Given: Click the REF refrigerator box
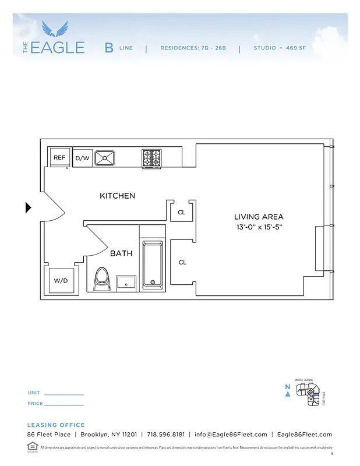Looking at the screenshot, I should tap(59, 157).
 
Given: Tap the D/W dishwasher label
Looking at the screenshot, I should tap(82, 158).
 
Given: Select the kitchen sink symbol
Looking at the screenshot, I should tap(105, 157).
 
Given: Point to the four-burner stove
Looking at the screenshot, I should tap(151, 158).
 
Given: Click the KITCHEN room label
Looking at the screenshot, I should tap(117, 196).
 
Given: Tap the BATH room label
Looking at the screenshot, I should tap(121, 253).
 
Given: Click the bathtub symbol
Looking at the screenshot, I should tap(153, 264).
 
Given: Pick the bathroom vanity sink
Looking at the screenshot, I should tap(126, 283).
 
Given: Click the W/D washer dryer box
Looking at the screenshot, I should tap(61, 280).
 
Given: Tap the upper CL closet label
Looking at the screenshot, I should tap(182, 213).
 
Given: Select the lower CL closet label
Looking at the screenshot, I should tap(182, 263).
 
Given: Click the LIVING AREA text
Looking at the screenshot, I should tap(258, 217).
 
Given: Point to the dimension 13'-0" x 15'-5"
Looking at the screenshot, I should tap(258, 227).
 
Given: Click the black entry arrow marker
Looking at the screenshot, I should tap(28, 207).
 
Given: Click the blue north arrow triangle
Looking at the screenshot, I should tap(287, 394).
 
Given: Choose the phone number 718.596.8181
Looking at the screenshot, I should tap(166, 435).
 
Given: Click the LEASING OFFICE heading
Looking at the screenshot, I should tap(56, 425).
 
